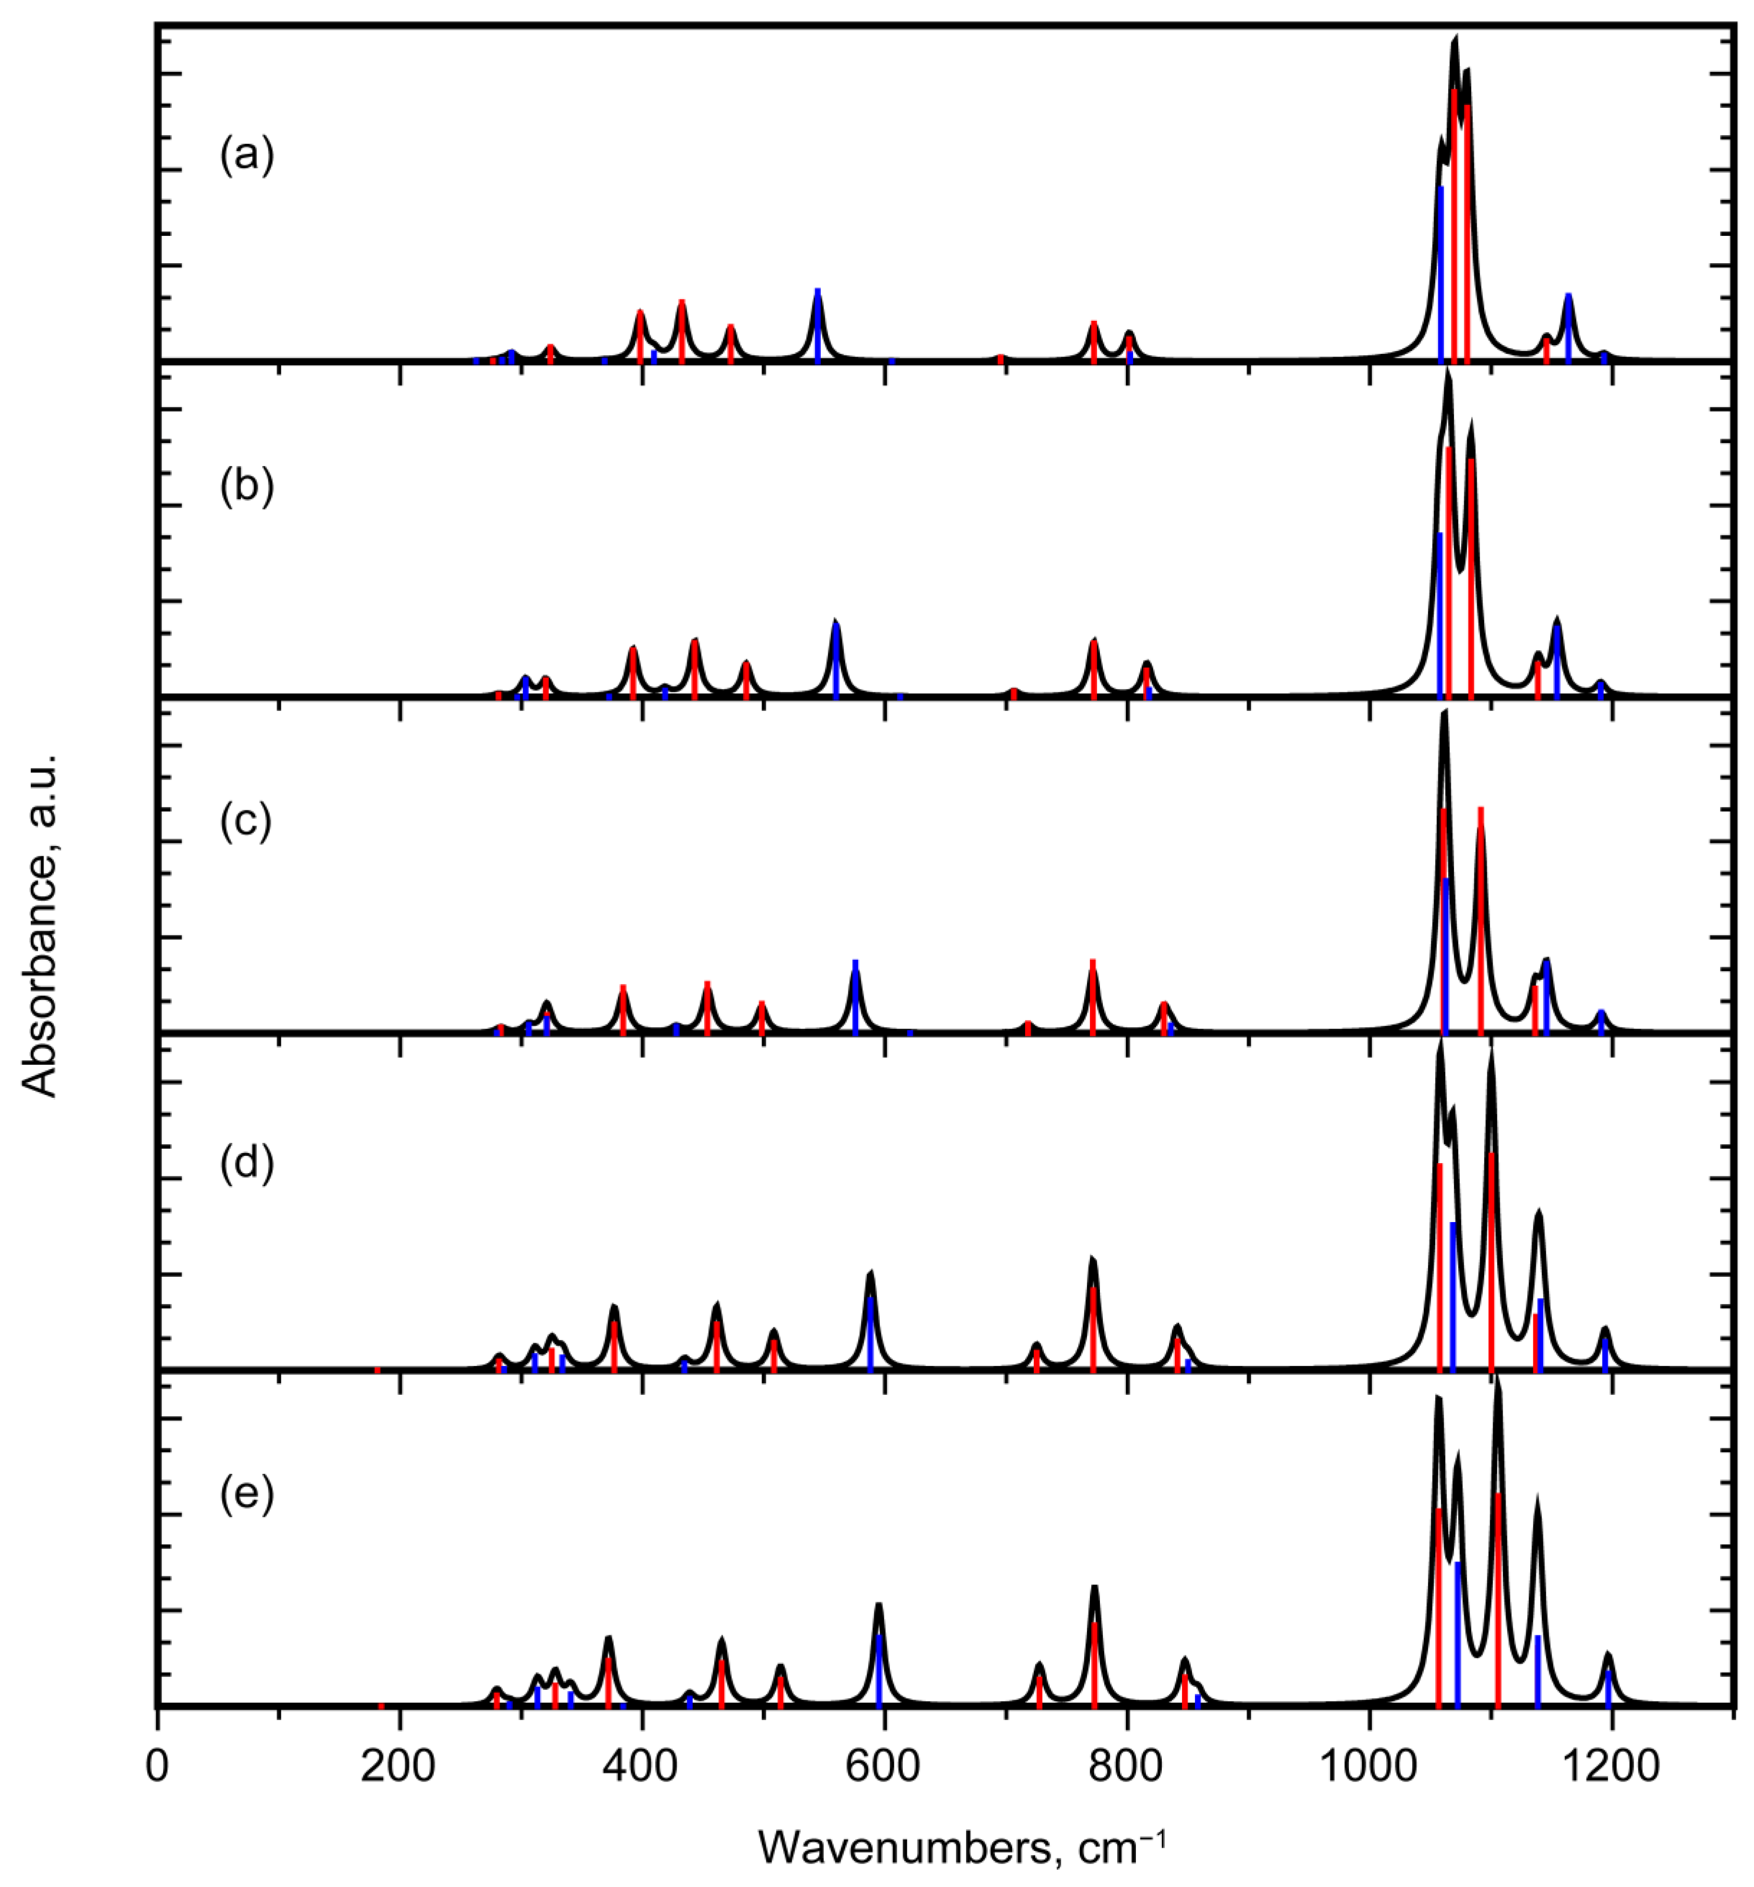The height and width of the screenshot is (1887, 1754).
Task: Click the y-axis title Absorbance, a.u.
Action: [40, 925]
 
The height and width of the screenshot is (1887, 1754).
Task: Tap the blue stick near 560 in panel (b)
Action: [835, 662]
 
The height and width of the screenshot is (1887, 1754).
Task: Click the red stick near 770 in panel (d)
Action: [1093, 1329]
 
